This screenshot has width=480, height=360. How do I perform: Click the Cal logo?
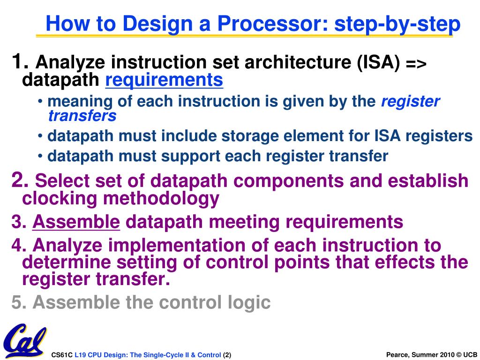[24, 341]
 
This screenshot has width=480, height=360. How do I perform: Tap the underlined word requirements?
[164, 81]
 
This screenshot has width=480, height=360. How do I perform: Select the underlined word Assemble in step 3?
[76, 222]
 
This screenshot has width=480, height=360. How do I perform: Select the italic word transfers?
[82, 115]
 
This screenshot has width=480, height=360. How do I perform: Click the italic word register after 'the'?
[410, 101]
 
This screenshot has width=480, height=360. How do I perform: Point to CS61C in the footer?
[62, 355]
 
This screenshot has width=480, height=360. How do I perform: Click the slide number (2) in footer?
[227, 355]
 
